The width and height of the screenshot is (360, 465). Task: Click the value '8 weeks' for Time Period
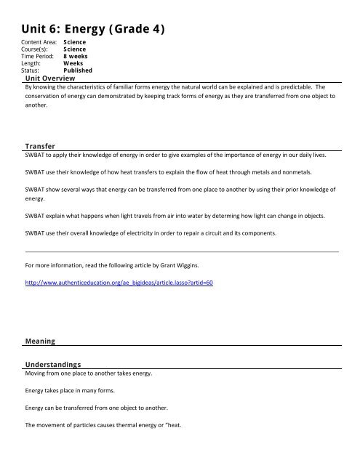(77, 57)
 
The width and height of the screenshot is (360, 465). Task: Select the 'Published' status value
(78, 70)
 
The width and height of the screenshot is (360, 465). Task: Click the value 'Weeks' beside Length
(73, 64)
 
